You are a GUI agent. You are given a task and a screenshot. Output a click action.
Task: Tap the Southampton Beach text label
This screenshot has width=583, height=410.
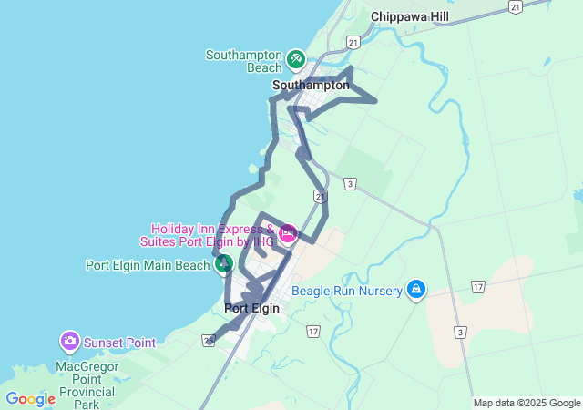coord(243,61)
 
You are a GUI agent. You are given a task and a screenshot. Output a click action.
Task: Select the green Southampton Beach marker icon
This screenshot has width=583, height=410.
coord(295,60)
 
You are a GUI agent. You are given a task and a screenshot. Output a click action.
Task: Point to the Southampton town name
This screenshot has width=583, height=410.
coord(311,85)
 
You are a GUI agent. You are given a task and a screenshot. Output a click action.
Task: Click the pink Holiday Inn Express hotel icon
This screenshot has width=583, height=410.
coord(288,233)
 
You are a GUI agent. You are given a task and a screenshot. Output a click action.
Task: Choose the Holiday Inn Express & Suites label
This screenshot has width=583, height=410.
coord(211,235)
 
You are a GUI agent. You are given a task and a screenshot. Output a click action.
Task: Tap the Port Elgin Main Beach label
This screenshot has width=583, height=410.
coord(148,265)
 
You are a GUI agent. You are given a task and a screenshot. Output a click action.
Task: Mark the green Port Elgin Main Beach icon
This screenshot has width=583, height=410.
coord(223,264)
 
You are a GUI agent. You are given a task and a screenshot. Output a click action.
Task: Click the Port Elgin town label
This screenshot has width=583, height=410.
coord(251,309)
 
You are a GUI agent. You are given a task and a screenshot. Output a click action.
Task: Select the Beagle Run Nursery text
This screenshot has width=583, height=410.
coord(347,292)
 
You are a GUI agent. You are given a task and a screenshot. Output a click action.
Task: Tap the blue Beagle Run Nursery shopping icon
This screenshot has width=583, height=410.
coord(416,290)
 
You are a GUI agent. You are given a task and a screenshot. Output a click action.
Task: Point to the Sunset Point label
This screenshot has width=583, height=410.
coord(119,343)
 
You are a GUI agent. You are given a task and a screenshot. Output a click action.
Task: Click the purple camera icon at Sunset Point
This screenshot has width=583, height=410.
coord(69,342)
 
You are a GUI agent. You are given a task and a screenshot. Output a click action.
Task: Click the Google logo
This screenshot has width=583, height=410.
coord(30,399)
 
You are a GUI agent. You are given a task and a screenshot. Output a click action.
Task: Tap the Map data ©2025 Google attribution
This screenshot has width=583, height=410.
coord(527,403)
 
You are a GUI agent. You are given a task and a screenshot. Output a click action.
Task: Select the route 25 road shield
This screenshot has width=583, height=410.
coord(210,341)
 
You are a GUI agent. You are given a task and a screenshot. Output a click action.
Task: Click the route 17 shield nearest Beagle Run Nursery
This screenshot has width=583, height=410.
coord(477,287)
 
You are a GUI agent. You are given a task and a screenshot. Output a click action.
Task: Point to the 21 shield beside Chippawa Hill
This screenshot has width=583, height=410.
coord(517,7)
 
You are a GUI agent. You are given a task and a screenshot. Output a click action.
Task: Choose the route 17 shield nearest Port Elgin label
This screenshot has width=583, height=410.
coord(313,331)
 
